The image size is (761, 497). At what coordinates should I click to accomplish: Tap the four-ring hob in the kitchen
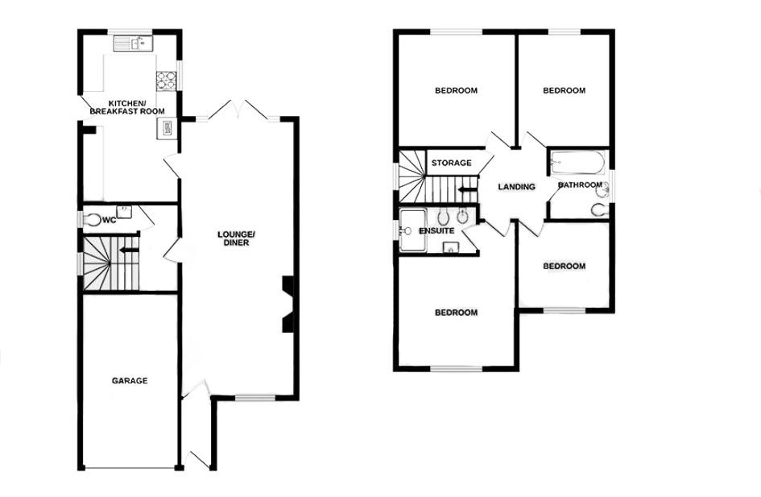(166, 79)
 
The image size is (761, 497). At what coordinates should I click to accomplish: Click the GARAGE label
(129, 381)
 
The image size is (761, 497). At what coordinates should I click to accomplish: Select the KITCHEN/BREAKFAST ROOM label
(127, 108)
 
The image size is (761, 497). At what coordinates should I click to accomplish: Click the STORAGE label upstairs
(451, 164)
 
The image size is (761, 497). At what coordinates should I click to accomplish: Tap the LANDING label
(516, 187)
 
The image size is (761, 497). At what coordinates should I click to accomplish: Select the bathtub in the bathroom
(577, 164)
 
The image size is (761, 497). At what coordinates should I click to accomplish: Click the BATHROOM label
(581, 185)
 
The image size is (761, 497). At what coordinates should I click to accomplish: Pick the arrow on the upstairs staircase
(466, 190)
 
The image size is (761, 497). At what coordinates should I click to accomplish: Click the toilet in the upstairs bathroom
(598, 209)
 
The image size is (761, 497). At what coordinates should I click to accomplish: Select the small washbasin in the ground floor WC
(123, 208)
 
